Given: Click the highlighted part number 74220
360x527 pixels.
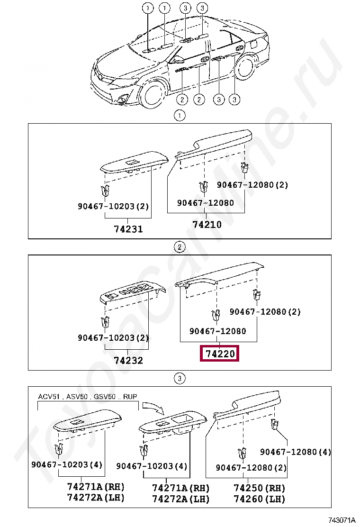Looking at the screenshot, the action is [220, 354].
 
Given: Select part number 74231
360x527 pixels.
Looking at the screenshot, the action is [128, 229].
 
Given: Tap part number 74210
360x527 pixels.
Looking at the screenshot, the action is [207, 225].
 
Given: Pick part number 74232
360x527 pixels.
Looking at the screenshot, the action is [128, 361].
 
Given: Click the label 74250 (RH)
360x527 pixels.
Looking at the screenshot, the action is [259, 488].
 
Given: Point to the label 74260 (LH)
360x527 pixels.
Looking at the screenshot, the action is [259, 499].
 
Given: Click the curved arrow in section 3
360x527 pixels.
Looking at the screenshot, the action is [153, 407].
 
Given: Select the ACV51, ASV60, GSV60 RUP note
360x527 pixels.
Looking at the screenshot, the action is [88, 396].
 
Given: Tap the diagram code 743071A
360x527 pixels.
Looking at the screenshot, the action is [341, 520].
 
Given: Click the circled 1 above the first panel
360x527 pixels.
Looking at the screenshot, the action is [180, 116].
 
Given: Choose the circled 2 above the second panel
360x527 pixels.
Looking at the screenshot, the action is [180, 247].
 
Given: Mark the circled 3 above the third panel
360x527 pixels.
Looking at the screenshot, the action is [180, 379].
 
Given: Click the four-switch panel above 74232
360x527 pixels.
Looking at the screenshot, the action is [133, 291].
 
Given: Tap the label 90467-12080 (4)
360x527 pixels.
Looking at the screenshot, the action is [296, 452].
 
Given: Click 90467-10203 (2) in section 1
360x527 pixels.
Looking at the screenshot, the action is [113, 206].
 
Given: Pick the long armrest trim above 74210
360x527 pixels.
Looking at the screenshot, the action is [214, 144].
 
